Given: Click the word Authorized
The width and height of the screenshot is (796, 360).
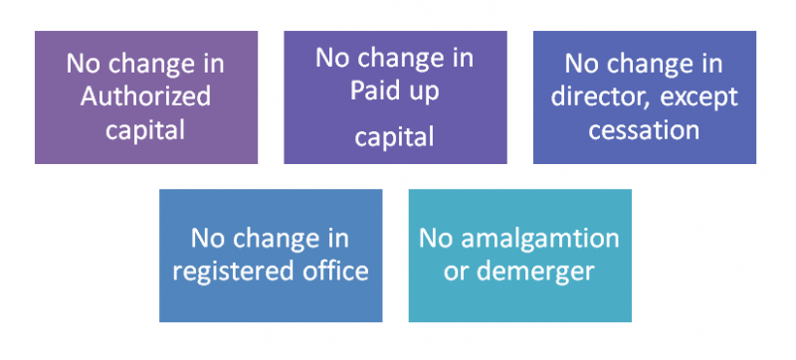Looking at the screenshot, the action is point(146,95).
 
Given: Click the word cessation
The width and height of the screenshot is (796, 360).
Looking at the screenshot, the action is point(644,130).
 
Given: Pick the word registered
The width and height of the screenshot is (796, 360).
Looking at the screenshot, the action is point(226,270).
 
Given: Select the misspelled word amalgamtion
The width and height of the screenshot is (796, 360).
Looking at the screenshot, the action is point(539,239).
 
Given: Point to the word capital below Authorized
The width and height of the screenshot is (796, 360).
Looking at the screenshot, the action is point(146,129).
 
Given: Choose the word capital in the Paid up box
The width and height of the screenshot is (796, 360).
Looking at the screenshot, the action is point(394,136).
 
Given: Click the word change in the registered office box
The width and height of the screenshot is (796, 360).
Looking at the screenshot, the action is point(271,239).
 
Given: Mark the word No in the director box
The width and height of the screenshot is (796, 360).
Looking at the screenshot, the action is point(582,64).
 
